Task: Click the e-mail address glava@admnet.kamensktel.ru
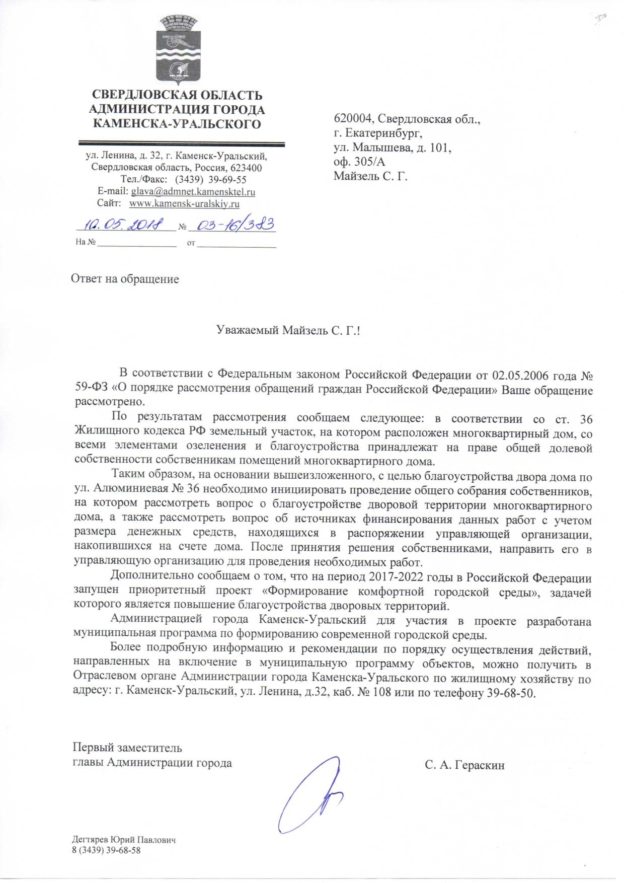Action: click(x=193, y=192)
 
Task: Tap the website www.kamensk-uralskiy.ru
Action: click(x=184, y=204)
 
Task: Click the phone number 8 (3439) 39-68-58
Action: click(x=107, y=850)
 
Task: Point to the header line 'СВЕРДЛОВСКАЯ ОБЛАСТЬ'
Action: click(x=176, y=95)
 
